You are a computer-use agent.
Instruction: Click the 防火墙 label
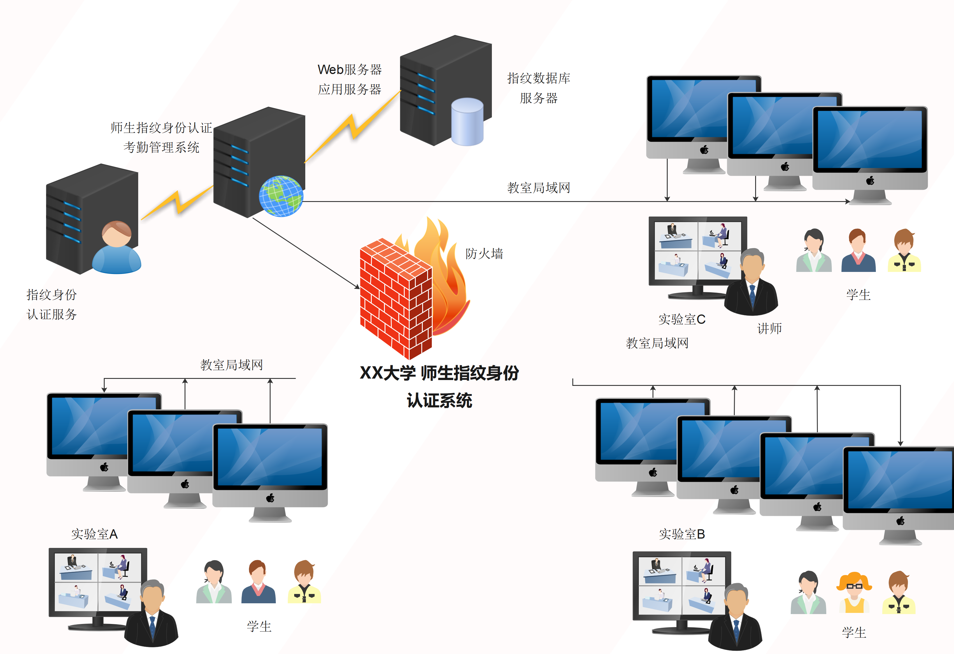click(484, 254)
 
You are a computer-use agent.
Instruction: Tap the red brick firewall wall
click(396, 299)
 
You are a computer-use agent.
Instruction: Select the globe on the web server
click(281, 196)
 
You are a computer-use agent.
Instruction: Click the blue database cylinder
click(467, 122)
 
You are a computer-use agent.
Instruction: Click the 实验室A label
click(94, 534)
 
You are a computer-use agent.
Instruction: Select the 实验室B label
click(682, 534)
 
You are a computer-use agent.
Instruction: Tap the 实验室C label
click(682, 319)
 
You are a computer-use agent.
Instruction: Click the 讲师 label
click(769, 328)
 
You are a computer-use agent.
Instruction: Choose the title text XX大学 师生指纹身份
click(439, 373)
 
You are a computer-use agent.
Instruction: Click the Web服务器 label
click(350, 69)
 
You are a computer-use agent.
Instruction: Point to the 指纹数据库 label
click(539, 78)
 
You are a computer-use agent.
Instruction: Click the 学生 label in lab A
click(259, 626)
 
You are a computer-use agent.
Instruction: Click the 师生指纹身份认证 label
click(161, 128)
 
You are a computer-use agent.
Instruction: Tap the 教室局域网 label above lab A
click(232, 365)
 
